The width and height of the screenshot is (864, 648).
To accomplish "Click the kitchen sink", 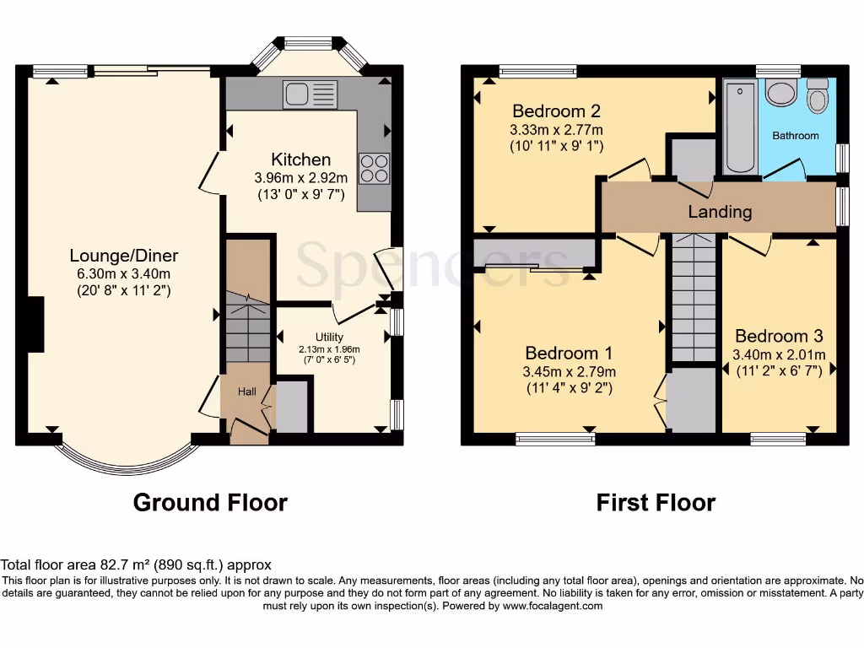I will coord(310,94).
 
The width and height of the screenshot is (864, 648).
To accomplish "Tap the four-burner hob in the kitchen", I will coord(375,168).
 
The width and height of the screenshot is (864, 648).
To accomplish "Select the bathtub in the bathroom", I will coord(741,127).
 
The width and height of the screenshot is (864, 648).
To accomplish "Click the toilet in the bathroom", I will coord(817,96).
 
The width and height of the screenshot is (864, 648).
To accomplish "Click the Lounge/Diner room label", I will coord(123,256).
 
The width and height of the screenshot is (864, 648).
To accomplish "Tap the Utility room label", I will coord(329,337).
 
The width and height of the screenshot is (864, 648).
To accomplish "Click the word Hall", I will coord(246,391).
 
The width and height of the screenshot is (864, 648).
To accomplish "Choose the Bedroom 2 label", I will coord(556,111).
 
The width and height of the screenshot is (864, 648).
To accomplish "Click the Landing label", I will coord(719,212).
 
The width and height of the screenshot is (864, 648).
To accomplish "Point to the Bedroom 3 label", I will coord(778,336).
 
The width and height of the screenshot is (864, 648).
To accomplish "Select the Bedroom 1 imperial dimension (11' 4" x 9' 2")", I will coord(570,388).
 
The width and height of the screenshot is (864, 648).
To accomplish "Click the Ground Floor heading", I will coord(210,503).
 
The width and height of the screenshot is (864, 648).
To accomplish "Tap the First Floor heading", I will coord(656,503).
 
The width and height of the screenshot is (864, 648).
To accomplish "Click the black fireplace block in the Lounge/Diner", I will coord(35,324).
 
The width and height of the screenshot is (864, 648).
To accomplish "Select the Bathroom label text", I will coord(795,136).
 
